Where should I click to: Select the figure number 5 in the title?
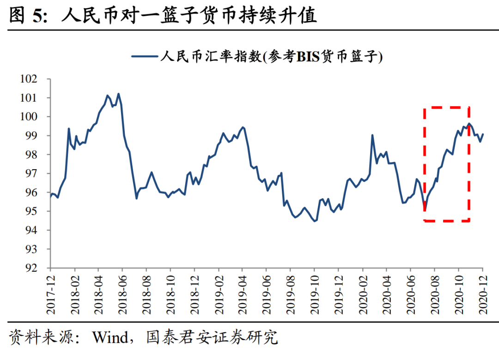point(37,16)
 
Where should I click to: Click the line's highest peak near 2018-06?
point(118,94)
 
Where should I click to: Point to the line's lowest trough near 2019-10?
point(314,221)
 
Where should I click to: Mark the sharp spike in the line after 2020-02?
point(372,135)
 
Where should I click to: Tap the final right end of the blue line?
point(483,134)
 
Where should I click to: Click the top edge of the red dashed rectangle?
point(446,108)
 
